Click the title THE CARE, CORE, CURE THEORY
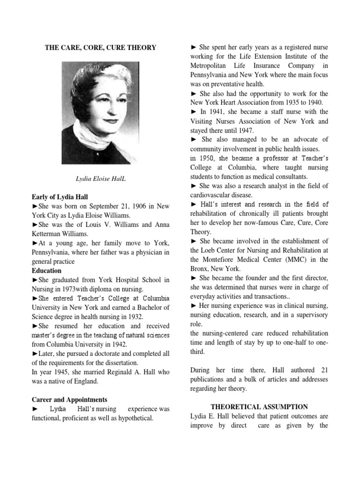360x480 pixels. click(100, 47)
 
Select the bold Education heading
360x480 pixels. click(46, 271)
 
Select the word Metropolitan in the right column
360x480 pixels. click(212, 66)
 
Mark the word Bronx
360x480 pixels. click(200, 269)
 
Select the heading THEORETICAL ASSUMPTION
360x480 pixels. click(259, 407)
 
